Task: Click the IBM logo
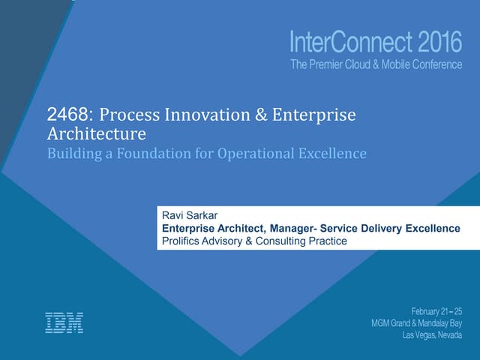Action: tap(64, 322)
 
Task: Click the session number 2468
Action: tap(67, 115)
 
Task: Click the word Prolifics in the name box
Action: tap(182, 241)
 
